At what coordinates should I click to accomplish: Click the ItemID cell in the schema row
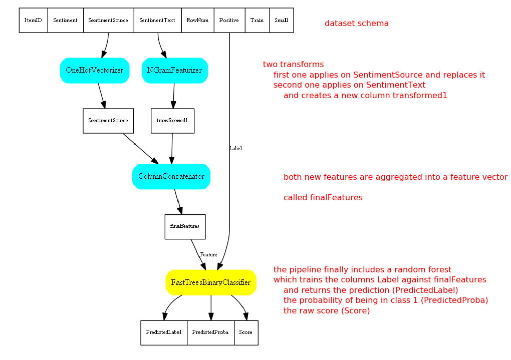pyautogui.click(x=33, y=21)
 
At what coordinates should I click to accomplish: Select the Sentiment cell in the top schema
pyautogui.click(x=65, y=21)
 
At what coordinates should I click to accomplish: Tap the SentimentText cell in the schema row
pyautogui.click(x=157, y=21)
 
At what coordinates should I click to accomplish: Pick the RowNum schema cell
pyautogui.click(x=197, y=21)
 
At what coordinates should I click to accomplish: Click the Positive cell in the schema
pyautogui.click(x=229, y=21)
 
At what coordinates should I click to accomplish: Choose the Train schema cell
pyautogui.click(x=257, y=21)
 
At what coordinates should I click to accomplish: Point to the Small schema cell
pyautogui.click(x=281, y=21)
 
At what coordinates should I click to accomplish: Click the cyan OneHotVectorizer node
pyautogui.click(x=94, y=70)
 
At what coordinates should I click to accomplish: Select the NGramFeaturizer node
pyautogui.click(x=174, y=70)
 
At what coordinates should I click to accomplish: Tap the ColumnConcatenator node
pyautogui.click(x=171, y=177)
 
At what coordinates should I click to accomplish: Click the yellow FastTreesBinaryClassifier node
pyautogui.click(x=211, y=282)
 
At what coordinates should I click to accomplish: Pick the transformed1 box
pyautogui.click(x=172, y=121)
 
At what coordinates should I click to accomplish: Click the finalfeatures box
pyautogui.click(x=185, y=226)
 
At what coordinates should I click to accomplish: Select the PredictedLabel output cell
pyautogui.click(x=164, y=332)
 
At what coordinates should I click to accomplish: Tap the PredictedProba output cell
pyautogui.click(x=210, y=332)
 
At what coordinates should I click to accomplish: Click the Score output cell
pyautogui.click(x=246, y=332)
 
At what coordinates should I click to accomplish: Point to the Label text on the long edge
pyautogui.click(x=235, y=149)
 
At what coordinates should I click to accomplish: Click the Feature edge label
pyautogui.click(x=208, y=255)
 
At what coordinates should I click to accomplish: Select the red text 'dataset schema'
pyautogui.click(x=356, y=24)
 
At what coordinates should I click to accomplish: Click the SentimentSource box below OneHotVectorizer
pyautogui.click(x=108, y=121)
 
